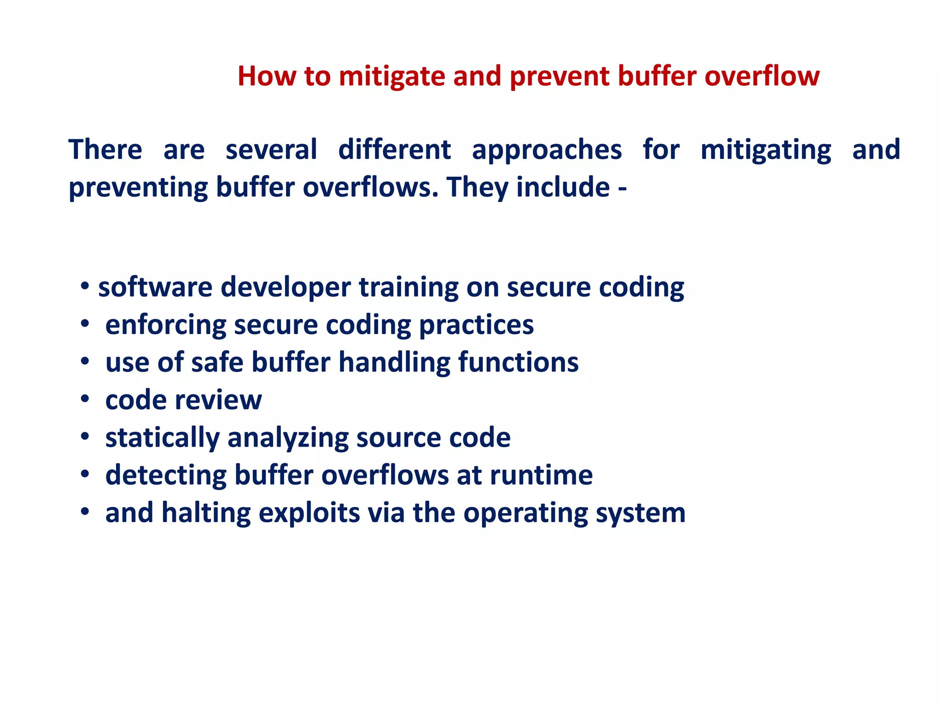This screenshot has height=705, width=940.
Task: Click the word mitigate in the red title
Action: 392,77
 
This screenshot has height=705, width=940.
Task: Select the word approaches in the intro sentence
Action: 547,151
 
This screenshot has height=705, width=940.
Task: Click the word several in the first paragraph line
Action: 271,150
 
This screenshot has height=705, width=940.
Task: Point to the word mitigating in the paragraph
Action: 766,151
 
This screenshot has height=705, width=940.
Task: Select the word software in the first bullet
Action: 155,287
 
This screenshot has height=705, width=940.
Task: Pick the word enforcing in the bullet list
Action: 166,326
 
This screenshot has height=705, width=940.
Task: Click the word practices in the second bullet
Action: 476,326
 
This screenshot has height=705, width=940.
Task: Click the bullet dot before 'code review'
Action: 84,399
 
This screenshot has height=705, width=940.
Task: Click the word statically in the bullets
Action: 162,438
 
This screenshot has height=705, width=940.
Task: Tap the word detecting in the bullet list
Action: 166,476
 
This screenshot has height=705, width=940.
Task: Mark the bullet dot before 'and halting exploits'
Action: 84,512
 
